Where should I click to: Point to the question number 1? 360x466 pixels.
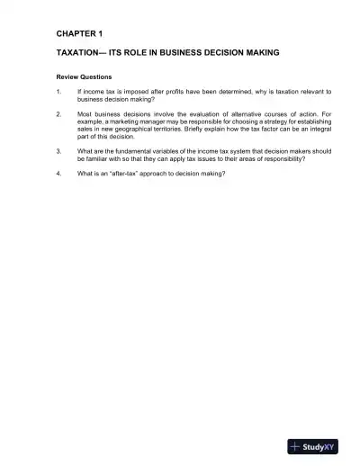pos(58,92)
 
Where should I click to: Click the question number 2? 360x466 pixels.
pos(58,115)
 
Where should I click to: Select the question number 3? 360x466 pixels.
pos(58,151)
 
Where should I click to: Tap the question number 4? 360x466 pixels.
pos(58,174)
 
